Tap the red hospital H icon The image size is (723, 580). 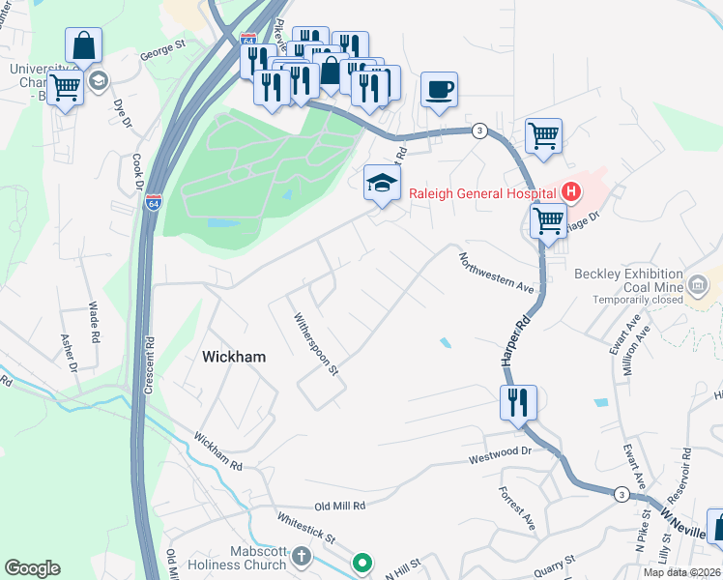point(571,191)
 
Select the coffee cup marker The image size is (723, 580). point(440,90)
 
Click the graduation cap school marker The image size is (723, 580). point(382,183)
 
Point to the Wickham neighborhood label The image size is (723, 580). point(234,357)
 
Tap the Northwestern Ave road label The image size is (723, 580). point(497,274)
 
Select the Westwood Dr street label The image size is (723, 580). point(501,451)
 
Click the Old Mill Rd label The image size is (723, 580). point(338,506)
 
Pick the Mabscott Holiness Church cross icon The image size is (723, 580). point(302,556)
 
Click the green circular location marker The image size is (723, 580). point(362,562)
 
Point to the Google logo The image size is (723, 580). point(32,568)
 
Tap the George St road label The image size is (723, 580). point(162,44)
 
